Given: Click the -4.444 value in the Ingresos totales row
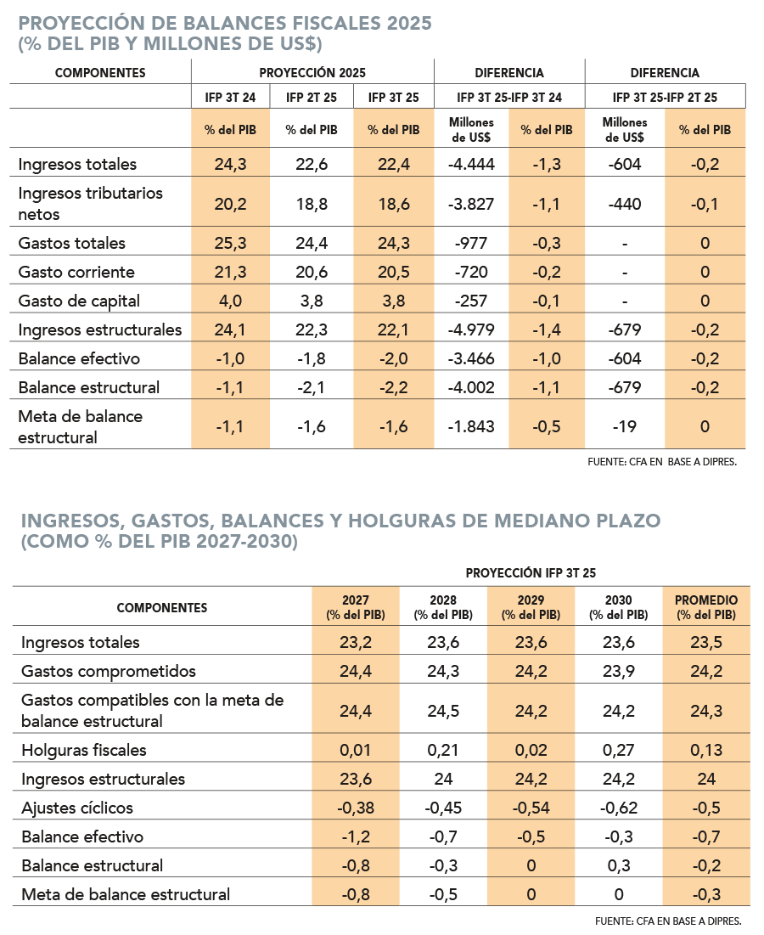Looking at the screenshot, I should (x=471, y=164).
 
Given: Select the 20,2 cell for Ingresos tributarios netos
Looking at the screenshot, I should (x=230, y=204).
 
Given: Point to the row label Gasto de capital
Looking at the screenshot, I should (x=79, y=301).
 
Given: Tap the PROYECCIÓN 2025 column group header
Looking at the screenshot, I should (x=312, y=73).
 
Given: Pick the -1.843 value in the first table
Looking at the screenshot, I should (x=471, y=426).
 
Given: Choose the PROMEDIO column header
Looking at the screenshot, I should (x=705, y=606).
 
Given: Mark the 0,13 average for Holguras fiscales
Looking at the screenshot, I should (x=705, y=750).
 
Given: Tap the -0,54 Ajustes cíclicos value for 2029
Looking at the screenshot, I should (x=530, y=808).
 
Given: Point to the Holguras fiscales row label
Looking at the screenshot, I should (x=84, y=750).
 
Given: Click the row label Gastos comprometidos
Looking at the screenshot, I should (x=109, y=671).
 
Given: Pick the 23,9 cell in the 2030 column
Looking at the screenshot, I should (x=619, y=671).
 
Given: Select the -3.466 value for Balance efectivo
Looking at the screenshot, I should (x=471, y=358).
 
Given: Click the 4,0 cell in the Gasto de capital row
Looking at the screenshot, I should (x=230, y=301).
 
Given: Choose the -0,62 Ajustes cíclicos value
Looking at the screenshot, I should (x=619, y=808).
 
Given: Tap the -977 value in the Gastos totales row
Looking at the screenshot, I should (x=471, y=243).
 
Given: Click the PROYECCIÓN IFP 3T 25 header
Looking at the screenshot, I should (x=530, y=573).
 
